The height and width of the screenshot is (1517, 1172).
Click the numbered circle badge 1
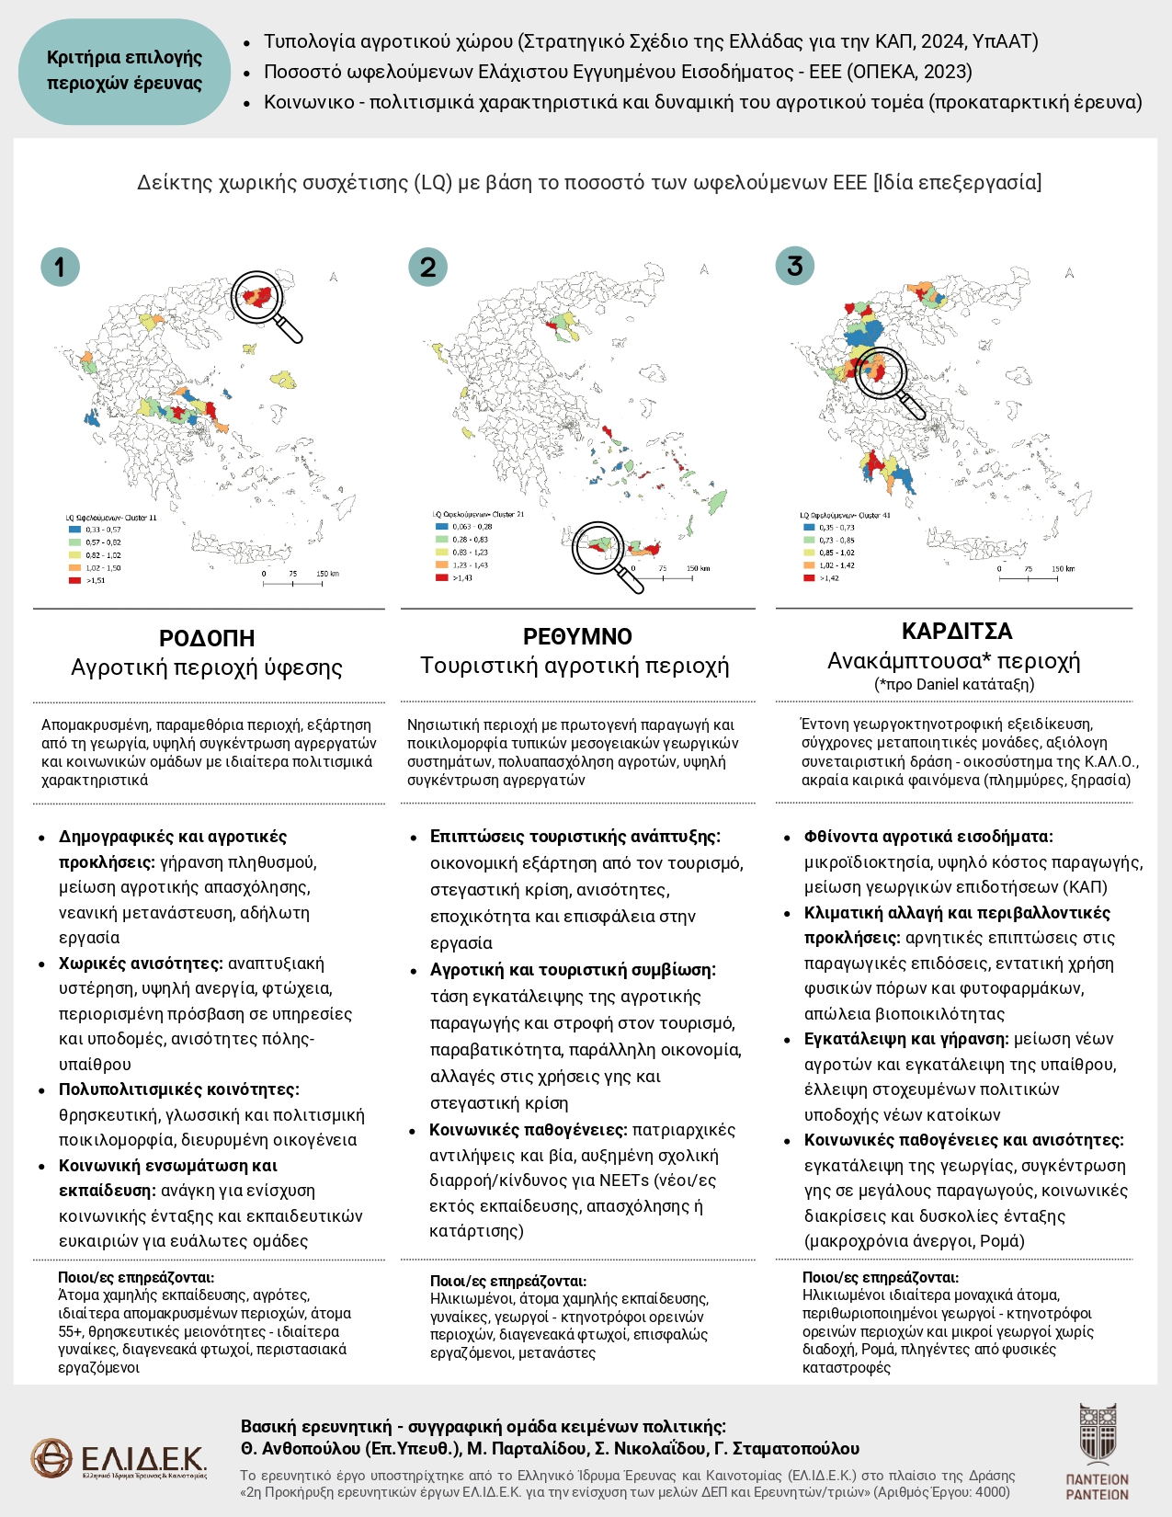(x=60, y=268)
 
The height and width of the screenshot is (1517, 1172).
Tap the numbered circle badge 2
(x=427, y=268)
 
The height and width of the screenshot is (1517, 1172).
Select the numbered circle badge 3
(x=795, y=267)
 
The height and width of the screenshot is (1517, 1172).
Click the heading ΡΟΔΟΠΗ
(x=207, y=638)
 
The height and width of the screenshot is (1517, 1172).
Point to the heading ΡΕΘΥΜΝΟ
(x=577, y=636)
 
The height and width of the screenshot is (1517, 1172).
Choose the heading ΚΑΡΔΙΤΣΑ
(x=957, y=632)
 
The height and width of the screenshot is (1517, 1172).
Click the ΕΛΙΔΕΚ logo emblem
(x=51, y=1458)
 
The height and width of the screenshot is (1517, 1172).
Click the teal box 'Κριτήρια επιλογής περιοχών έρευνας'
(x=124, y=71)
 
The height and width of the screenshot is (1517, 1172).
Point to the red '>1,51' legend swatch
(x=74, y=580)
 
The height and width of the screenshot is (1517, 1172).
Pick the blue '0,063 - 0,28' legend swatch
(x=441, y=527)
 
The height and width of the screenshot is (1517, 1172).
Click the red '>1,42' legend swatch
(x=809, y=578)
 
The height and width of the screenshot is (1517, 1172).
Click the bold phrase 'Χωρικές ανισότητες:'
(x=141, y=964)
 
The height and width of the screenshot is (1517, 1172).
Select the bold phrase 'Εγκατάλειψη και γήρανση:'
(x=906, y=1039)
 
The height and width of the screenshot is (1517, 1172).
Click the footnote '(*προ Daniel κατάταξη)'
(x=954, y=684)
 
